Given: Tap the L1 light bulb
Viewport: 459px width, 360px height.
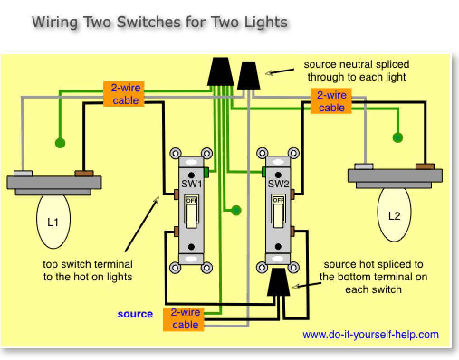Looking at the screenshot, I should point(53,222).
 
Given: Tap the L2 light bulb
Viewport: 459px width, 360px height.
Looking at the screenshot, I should point(394,216).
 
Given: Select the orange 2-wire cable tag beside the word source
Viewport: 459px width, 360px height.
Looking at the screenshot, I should point(186,318).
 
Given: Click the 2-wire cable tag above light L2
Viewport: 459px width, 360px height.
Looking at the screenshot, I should point(331,101).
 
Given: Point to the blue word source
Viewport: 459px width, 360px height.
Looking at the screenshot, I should point(135,314).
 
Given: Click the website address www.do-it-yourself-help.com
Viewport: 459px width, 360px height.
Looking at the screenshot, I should point(370,335).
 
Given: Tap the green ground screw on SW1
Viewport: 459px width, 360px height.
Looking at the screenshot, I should point(206,172).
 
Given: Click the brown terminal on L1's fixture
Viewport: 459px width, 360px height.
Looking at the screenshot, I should point(84,173).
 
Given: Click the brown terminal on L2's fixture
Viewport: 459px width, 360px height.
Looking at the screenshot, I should point(424,166).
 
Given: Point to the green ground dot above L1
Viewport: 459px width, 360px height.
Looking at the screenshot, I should point(59,143).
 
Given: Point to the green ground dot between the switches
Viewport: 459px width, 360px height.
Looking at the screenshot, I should point(235,210).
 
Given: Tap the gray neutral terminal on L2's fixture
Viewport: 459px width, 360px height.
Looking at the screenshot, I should point(364,166).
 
